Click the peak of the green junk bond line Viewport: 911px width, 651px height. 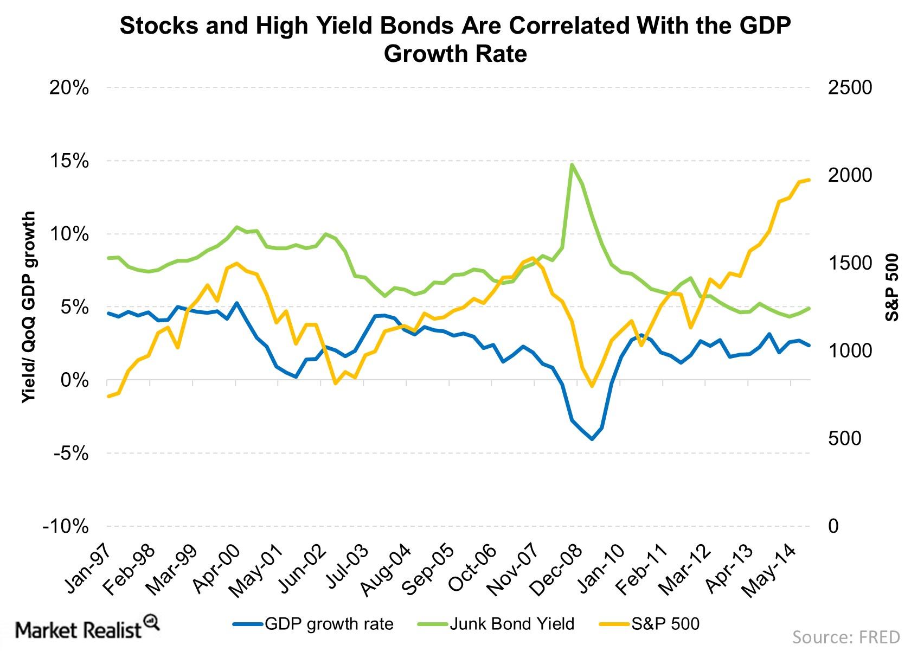click(572, 164)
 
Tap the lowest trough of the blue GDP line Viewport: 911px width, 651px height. click(592, 439)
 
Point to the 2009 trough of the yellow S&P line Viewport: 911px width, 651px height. click(592, 386)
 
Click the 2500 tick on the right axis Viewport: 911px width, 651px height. click(850, 88)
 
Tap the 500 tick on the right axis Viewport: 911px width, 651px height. click(844, 438)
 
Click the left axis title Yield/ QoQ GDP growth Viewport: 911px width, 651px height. click(29, 307)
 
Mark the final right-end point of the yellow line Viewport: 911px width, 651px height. click(809, 180)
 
